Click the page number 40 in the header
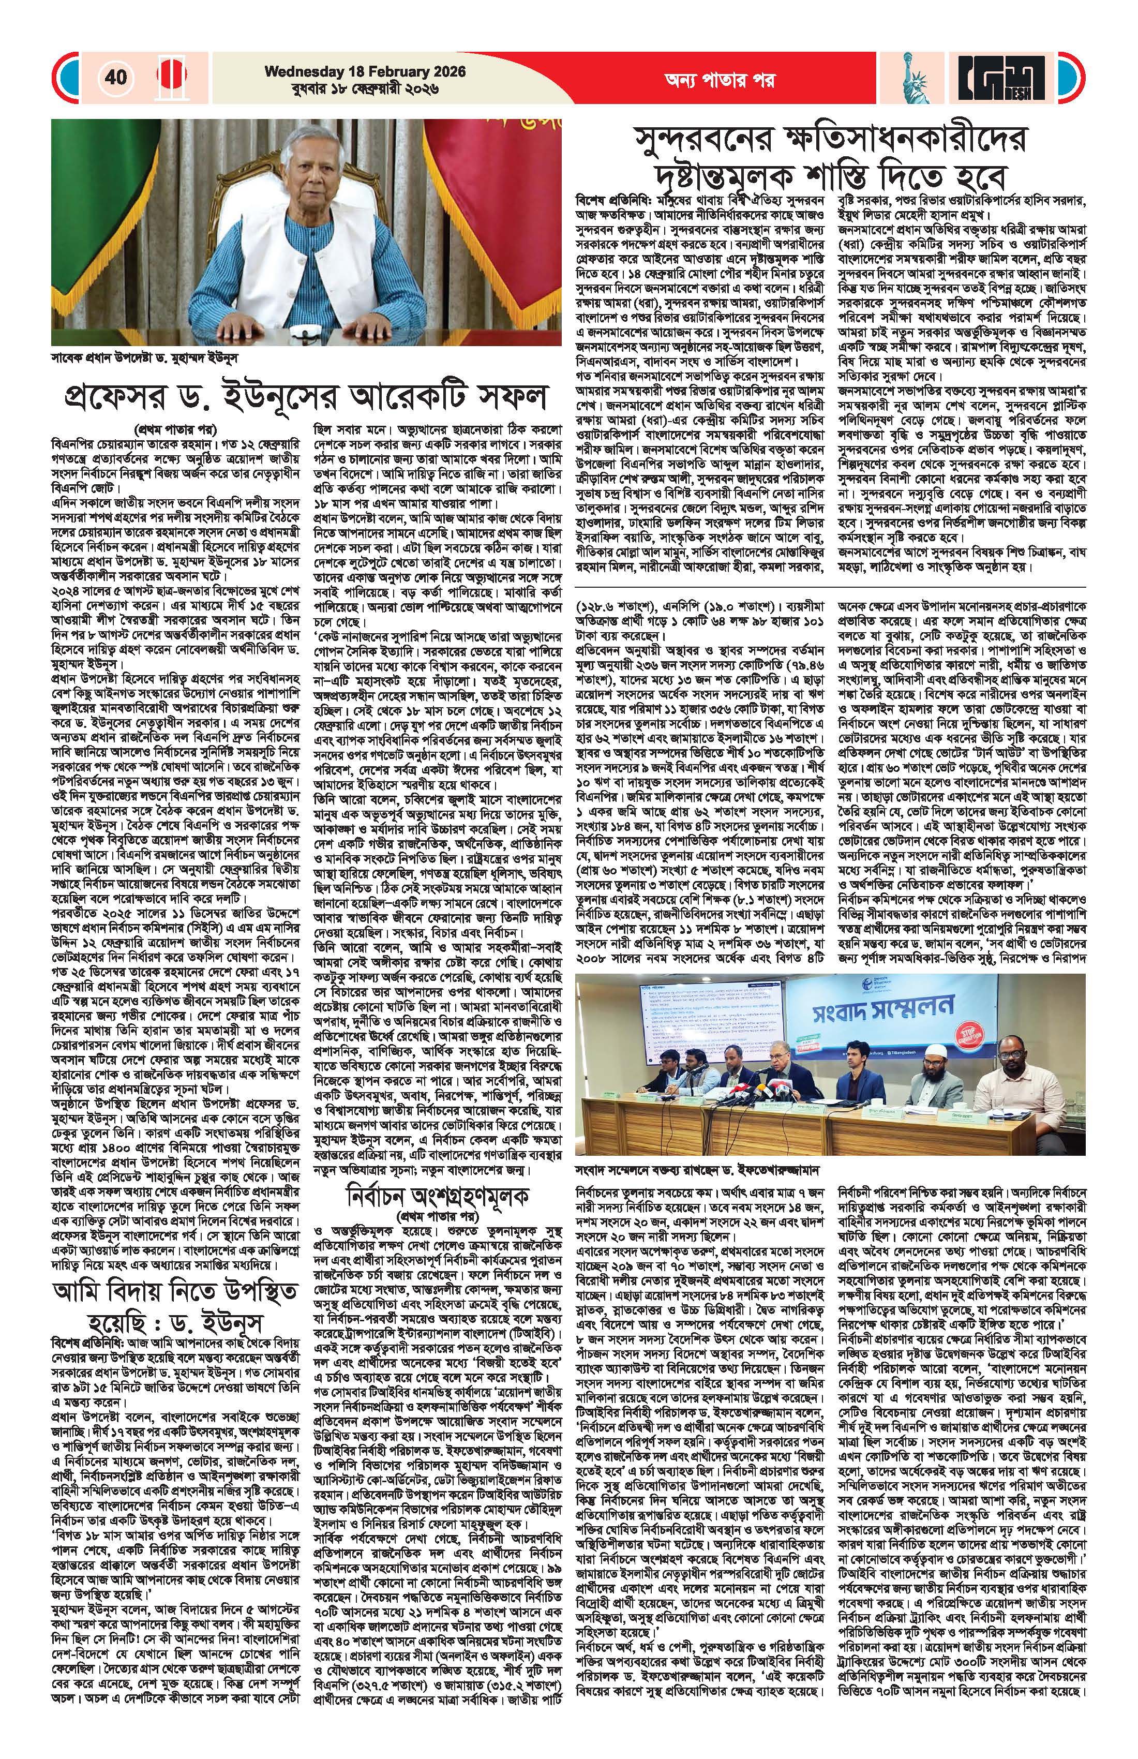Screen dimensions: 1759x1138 point(116,77)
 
